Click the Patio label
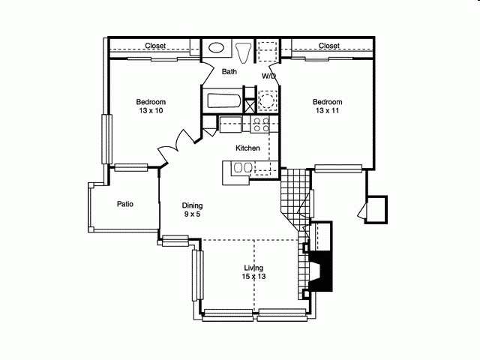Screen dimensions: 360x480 click(x=125, y=203)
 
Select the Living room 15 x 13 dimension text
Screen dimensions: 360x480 click(x=254, y=277)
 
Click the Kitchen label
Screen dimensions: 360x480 click(x=247, y=148)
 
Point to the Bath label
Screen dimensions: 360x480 click(x=229, y=72)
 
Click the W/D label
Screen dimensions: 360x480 click(x=268, y=76)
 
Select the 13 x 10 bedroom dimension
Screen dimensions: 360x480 click(x=151, y=111)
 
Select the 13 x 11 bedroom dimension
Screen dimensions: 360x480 click(x=328, y=111)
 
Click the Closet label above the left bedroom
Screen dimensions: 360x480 click(x=155, y=46)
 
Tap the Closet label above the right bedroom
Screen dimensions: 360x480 click(x=328, y=46)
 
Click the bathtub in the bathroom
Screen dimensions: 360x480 click(x=223, y=101)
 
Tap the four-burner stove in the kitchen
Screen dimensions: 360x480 click(x=261, y=124)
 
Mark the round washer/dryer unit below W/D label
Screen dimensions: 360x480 click(x=266, y=100)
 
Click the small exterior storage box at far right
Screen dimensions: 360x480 click(x=376, y=207)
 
